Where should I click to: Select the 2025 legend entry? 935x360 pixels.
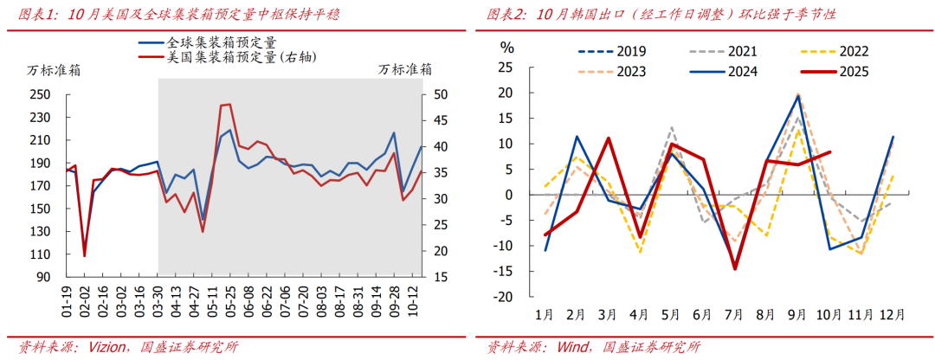click(x=853, y=72)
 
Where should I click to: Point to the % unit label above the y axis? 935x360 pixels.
click(x=508, y=48)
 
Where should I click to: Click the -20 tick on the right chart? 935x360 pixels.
click(x=504, y=296)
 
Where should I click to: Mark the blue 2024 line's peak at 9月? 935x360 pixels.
click(x=798, y=96)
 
